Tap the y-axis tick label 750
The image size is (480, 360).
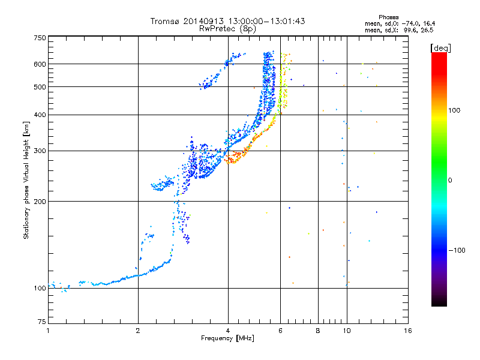point(40,38)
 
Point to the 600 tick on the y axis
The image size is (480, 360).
point(40,64)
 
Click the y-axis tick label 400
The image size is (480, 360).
point(40,115)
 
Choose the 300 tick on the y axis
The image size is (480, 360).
point(40,151)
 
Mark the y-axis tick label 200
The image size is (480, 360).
point(40,202)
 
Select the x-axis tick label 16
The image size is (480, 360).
point(407,331)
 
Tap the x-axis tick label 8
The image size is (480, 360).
point(318,331)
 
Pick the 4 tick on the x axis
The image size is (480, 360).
point(228,331)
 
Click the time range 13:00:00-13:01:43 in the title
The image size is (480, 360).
point(264,21)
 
